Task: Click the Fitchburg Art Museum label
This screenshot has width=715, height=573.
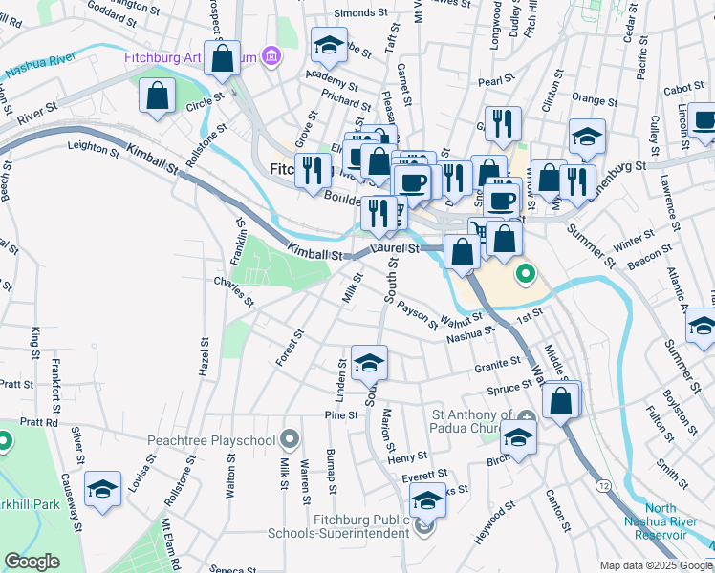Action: pyautogui.click(x=190, y=57)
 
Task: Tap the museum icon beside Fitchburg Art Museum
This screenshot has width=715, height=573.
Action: pyautogui.click(x=271, y=57)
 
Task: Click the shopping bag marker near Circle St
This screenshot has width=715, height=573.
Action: pyautogui.click(x=156, y=96)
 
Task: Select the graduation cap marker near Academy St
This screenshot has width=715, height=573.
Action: pyautogui.click(x=329, y=45)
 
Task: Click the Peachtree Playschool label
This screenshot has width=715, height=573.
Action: pyautogui.click(x=211, y=440)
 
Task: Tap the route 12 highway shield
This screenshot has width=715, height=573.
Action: pyautogui.click(x=603, y=486)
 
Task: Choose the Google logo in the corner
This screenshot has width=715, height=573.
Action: pyautogui.click(x=32, y=562)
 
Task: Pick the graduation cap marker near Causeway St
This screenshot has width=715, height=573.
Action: pyautogui.click(x=102, y=490)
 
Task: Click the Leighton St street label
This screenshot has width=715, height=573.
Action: pyautogui.click(x=92, y=146)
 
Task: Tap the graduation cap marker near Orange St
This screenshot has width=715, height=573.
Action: pyautogui.click(x=587, y=138)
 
